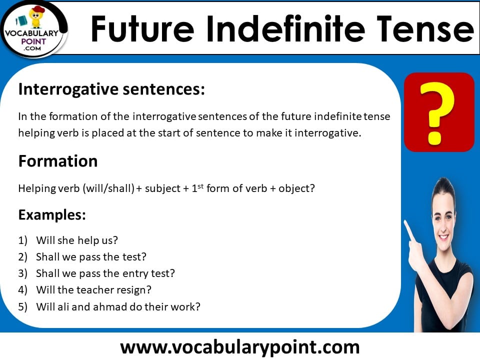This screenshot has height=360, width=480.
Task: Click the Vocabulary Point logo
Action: (x=34, y=29)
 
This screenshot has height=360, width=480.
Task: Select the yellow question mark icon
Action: (x=438, y=112)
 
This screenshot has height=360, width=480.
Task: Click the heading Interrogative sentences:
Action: (x=111, y=89)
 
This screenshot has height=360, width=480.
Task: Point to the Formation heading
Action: (x=58, y=161)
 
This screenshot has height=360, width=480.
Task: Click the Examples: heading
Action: (x=52, y=215)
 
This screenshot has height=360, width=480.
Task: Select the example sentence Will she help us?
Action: (x=77, y=240)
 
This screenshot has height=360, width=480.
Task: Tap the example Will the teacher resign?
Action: (x=93, y=290)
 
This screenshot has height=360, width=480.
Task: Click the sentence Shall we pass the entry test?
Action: (x=105, y=273)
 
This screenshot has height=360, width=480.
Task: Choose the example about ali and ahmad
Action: (x=118, y=307)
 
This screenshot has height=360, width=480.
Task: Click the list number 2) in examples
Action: (x=23, y=257)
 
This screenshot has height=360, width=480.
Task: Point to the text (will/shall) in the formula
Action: (x=107, y=189)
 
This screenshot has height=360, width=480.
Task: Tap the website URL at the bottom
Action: (x=240, y=346)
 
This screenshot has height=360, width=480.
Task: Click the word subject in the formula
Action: (x=161, y=189)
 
